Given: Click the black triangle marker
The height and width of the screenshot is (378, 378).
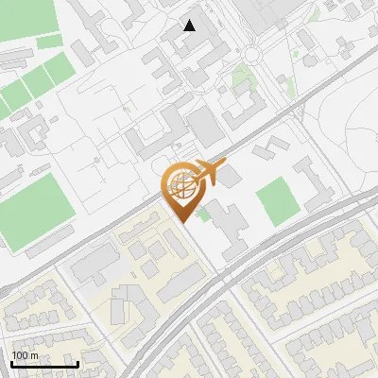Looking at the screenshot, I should click(190, 26).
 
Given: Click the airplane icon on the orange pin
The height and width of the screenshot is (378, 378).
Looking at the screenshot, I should click(210, 172).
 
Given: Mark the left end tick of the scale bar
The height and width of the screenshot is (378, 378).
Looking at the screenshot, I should click(11, 362).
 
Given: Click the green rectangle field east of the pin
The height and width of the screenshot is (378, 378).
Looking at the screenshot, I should click(277, 201).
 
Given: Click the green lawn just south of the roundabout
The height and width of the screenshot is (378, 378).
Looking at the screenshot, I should click(244, 80).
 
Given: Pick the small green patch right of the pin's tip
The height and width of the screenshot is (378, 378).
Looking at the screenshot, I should click(204, 215).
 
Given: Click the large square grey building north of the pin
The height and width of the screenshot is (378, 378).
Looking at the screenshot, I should click(204, 127).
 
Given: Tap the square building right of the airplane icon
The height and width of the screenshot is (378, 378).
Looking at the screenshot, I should click(231, 176).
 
